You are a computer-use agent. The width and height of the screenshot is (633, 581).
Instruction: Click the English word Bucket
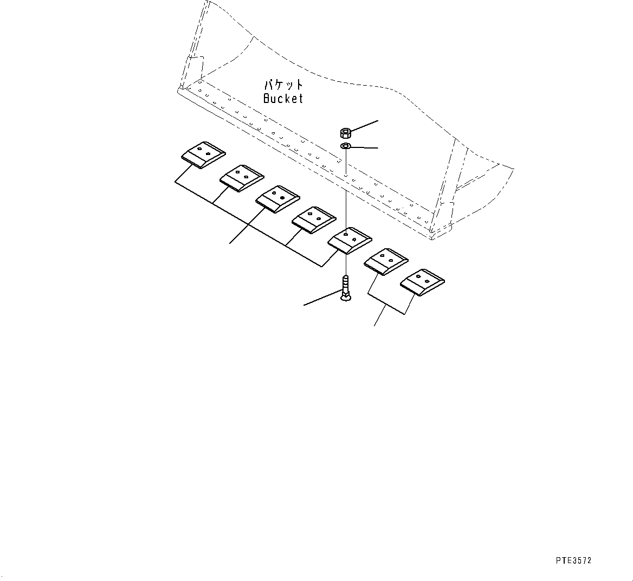tap(283, 98)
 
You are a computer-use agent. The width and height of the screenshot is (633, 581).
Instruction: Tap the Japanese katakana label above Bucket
tap(283, 85)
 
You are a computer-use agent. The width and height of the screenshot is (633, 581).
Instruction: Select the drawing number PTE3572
tap(573, 560)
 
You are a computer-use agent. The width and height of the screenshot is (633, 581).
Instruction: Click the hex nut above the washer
tap(345, 132)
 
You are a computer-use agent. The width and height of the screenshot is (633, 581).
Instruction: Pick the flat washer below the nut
tap(346, 145)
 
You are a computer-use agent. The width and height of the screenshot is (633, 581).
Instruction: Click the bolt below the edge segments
tap(346, 287)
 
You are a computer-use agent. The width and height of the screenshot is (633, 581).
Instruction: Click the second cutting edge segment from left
tap(242, 178)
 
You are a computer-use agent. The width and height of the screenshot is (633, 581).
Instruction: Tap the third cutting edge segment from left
tap(277, 199)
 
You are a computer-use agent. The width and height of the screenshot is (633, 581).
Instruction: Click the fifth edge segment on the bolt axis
tap(350, 241)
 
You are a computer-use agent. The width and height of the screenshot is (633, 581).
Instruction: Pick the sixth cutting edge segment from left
tap(386, 262)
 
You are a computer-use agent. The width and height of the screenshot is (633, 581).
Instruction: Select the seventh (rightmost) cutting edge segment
tap(422, 282)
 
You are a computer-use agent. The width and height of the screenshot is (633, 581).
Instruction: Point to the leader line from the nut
tap(364, 126)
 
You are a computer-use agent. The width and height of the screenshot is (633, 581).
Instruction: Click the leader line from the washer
tap(365, 147)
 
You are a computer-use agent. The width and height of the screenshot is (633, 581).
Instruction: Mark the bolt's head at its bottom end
tap(346, 298)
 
